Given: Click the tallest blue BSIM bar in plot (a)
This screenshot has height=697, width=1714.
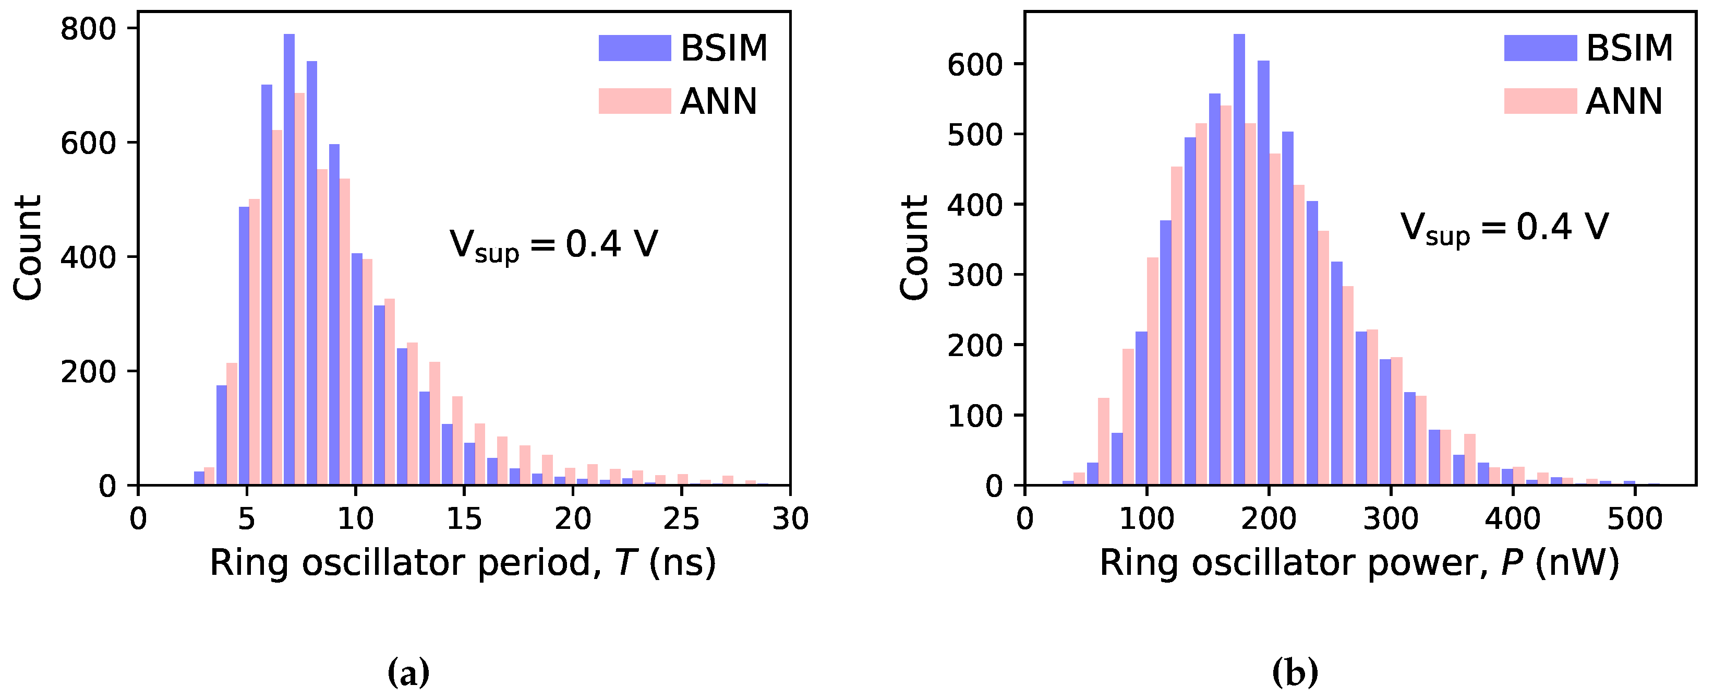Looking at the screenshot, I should pyautogui.click(x=289, y=259).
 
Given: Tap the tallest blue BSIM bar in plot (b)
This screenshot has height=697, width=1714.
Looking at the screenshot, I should pyautogui.click(x=1239, y=259).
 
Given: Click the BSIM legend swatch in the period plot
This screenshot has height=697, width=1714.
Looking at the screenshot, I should pyautogui.click(x=634, y=48).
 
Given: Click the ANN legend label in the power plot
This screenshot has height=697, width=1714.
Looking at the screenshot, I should pyautogui.click(x=1624, y=101).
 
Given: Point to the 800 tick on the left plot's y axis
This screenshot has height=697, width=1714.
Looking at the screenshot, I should pyautogui.click(x=88, y=30).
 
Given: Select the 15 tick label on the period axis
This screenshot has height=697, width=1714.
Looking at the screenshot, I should pyautogui.click(x=464, y=518).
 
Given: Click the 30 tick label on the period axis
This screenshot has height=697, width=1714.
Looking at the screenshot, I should pyautogui.click(x=790, y=518).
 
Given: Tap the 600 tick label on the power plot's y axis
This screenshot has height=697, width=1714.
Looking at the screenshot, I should pyautogui.click(x=975, y=66).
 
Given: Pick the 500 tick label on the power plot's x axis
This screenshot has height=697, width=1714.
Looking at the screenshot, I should pyautogui.click(x=1635, y=518).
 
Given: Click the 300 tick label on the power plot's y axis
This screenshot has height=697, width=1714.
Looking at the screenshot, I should pyautogui.click(x=975, y=276).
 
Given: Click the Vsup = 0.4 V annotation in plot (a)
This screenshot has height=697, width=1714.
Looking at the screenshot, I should pyautogui.click(x=553, y=245).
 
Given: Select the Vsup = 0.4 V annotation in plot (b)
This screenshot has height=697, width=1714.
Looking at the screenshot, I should pyautogui.click(x=1504, y=228).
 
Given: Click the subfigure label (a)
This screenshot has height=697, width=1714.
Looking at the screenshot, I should pyautogui.click(x=408, y=673).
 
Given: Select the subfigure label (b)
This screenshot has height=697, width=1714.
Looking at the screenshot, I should pyautogui.click(x=1295, y=673).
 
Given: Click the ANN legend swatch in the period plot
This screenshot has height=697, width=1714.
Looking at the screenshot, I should pyautogui.click(x=634, y=101).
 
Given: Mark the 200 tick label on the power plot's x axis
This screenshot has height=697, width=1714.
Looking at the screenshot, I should pyautogui.click(x=1268, y=518).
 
